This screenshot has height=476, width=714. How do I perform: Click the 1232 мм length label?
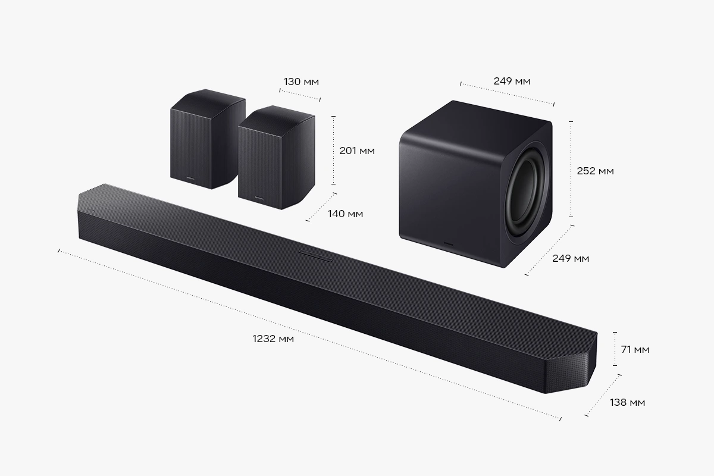pos(273,339)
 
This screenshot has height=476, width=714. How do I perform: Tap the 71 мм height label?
pos(635,349)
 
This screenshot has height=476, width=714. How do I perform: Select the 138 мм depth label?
pos(627,402)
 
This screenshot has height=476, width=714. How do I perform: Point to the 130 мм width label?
pos(301,82)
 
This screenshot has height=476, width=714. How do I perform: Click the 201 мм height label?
pos(357,151)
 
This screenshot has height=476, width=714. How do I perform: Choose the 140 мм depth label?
pos(346,214)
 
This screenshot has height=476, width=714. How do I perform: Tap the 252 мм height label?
pos(596,171)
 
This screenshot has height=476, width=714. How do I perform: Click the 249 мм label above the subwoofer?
pos(512,81)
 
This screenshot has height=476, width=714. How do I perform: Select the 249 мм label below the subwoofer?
pos(571,258)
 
